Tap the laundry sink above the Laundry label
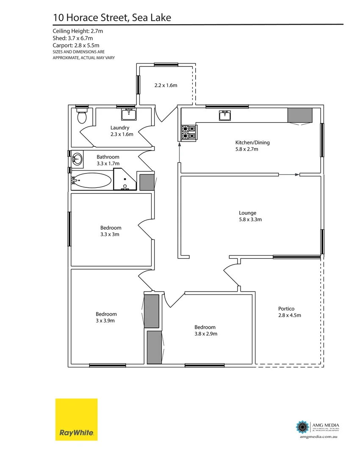coord(129,114)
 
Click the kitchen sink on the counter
coord(225,116)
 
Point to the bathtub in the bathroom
coord(91,180)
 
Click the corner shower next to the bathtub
coord(125,179)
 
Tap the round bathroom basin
coord(77,160)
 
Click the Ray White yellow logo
coord(77,419)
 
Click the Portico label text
coord(286,308)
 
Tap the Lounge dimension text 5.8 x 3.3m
coord(250,220)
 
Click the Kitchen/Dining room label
coord(252,143)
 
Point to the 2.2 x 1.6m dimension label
coord(165,85)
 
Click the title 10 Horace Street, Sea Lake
coord(112,17)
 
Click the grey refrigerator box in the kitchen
coord(300,115)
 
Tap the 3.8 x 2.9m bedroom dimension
coord(206,334)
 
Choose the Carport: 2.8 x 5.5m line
coord(76,45)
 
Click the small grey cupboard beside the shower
coord(147,182)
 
